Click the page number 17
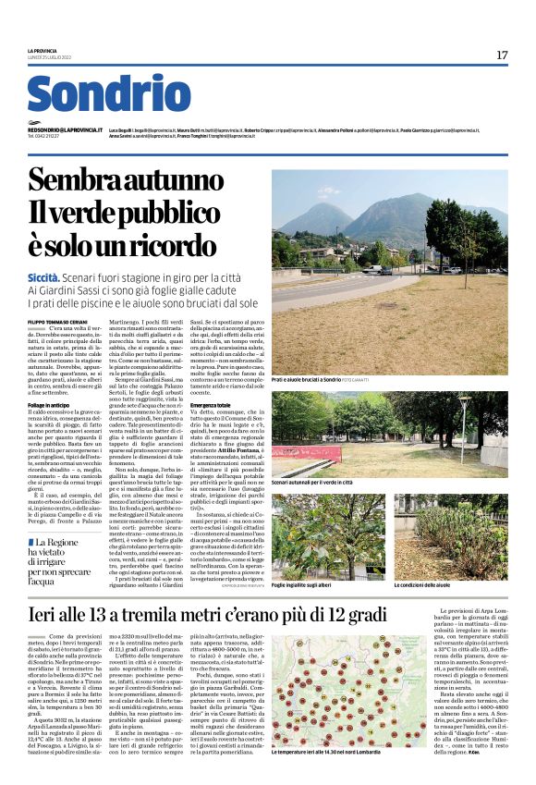502,55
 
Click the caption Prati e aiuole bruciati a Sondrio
319,379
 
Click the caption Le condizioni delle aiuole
423,586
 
